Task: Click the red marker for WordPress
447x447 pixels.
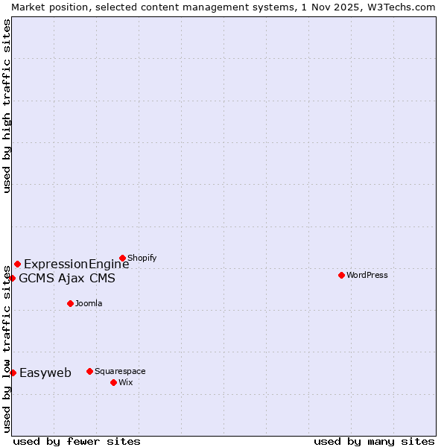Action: (341, 275)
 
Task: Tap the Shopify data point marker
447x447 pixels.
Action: (122, 259)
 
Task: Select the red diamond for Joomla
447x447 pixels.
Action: (70, 303)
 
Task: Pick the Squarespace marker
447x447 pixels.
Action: (89, 371)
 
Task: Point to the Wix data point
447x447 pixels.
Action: (113, 382)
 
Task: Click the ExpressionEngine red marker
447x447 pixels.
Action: (17, 264)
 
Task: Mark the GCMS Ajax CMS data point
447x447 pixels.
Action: (12, 278)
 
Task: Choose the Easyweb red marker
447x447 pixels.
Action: (13, 372)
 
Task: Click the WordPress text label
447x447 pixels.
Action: (367, 275)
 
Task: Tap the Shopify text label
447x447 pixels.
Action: (142, 259)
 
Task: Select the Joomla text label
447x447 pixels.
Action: (89, 303)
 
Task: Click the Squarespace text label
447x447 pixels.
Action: (120, 371)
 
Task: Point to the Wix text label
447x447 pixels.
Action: (126, 382)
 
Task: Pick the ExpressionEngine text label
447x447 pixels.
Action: (77, 264)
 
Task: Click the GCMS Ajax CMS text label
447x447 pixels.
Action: (67, 279)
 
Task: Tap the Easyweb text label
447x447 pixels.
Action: (45, 373)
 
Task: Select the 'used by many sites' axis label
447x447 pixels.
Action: (374, 441)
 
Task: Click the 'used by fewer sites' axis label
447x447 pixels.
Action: (77, 441)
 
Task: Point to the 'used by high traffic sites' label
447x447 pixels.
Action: (7, 106)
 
